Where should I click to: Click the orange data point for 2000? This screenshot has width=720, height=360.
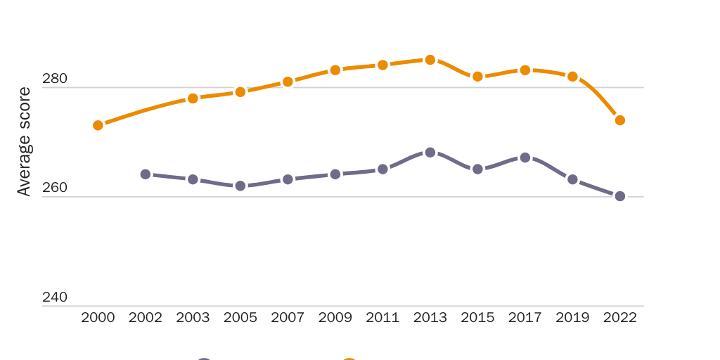[x=98, y=125]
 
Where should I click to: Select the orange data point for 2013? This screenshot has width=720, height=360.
[x=430, y=60]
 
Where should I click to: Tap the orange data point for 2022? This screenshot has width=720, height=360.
[x=620, y=120]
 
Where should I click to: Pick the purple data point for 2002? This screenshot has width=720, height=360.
[x=146, y=174]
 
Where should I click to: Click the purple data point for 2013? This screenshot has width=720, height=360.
[x=430, y=152]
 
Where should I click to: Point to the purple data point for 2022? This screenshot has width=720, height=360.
[x=620, y=196]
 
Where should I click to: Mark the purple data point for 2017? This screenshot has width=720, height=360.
[x=525, y=157]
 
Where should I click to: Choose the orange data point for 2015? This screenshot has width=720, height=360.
[x=477, y=76]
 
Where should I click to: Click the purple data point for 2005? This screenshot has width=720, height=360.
[x=240, y=186]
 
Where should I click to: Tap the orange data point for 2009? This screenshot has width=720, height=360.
[x=335, y=70]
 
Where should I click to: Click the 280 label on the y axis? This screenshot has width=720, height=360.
[x=55, y=79]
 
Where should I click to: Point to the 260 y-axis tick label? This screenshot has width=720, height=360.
[x=55, y=188]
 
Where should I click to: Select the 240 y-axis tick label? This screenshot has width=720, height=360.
[x=55, y=297]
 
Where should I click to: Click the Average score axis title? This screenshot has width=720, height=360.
[x=24, y=141]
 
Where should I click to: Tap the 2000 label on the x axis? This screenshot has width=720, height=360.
[x=98, y=318]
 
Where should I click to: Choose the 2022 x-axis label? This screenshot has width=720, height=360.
[x=620, y=318]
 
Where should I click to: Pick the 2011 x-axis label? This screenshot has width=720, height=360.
[x=382, y=318]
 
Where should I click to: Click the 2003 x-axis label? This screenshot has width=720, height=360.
[x=193, y=318]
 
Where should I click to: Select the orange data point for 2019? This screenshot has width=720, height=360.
[x=572, y=76]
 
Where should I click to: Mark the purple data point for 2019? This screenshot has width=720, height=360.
[x=572, y=179]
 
